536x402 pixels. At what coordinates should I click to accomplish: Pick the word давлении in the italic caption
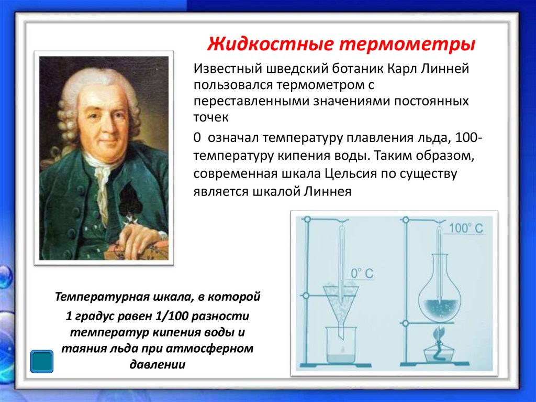coord(157,364)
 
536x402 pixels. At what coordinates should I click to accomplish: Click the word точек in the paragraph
coord(211,118)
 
